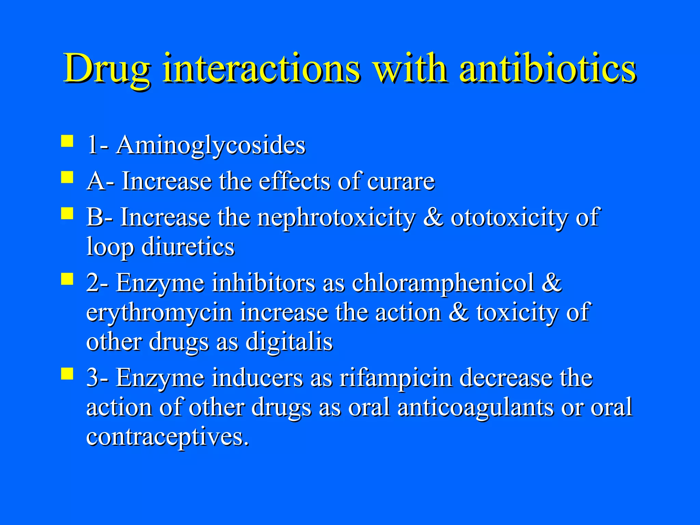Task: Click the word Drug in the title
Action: (107, 68)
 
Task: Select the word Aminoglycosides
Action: (211, 146)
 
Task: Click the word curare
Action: (401, 181)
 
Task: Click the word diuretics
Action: (188, 247)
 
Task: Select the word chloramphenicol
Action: (443, 283)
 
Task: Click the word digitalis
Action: (289, 342)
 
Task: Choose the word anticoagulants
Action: (475, 407)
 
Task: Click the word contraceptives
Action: (167, 437)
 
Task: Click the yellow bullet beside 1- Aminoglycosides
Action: (67, 141)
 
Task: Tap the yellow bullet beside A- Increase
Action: (67, 177)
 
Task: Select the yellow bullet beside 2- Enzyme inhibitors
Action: (67, 279)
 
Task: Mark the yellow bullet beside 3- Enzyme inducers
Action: (67, 374)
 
